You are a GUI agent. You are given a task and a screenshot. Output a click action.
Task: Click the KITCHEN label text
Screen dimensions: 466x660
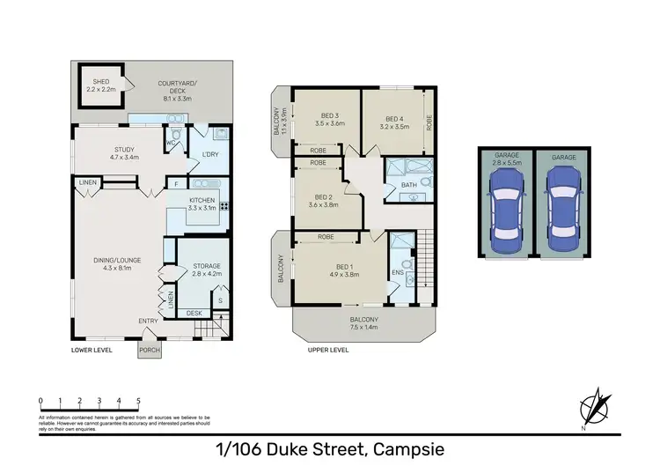202,200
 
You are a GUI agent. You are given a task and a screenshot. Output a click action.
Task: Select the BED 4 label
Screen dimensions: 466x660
392,122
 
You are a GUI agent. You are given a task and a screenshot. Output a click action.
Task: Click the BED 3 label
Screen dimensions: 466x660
329,117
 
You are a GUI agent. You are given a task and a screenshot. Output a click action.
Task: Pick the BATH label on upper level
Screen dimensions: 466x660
408,185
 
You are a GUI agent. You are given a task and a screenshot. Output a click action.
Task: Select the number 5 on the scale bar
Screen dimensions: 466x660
139,400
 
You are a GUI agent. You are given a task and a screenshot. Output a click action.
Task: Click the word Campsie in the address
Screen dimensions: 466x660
407,449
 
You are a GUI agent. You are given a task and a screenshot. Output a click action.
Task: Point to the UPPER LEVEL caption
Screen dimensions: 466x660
328,350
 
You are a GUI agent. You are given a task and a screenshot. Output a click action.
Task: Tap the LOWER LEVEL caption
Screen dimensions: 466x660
92,350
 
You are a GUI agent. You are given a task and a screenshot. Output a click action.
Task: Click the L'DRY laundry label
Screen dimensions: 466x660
210,155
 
